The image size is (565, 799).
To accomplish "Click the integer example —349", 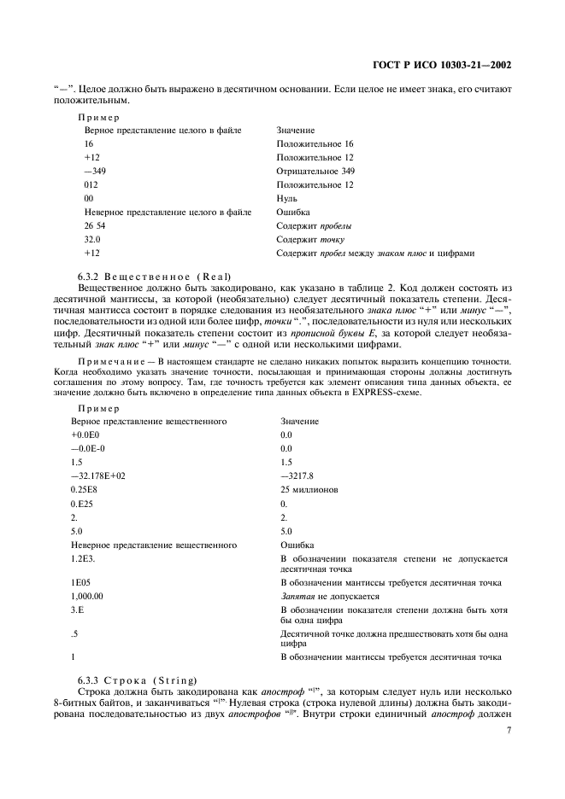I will (96, 171).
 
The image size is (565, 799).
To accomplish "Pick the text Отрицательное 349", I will (315, 171).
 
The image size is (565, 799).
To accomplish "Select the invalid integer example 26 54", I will (95, 225).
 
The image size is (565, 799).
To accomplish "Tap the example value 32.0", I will (93, 239).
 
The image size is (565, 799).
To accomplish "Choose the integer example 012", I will (92, 184).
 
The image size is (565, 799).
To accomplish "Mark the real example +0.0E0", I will (87, 434).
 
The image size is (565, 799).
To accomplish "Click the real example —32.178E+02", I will (98, 475).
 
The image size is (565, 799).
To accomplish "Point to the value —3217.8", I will (298, 475).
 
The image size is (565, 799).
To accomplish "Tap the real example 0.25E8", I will (85, 489).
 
